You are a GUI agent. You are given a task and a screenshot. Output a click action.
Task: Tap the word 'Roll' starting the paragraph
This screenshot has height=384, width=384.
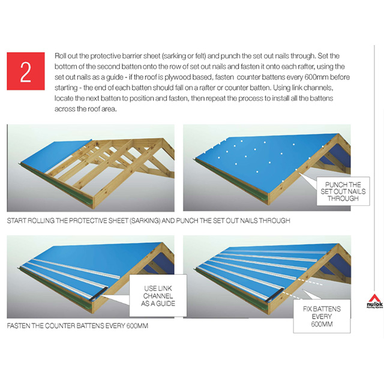coord(61,54)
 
